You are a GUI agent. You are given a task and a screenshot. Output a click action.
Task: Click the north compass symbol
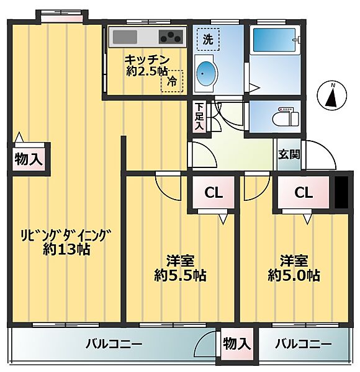point(332,95)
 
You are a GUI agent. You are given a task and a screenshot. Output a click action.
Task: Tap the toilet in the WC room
point(286,117)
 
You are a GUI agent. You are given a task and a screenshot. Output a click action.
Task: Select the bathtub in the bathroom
point(274,40)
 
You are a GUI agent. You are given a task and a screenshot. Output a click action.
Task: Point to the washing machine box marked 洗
point(208,40)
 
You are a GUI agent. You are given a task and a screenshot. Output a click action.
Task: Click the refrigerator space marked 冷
point(172,81)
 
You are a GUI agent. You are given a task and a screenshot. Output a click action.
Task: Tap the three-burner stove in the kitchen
point(171,37)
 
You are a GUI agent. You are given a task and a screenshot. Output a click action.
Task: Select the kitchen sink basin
point(125,37)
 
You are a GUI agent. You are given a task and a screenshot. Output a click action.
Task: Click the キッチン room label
point(147,60)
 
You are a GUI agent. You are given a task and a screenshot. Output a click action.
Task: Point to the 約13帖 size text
point(66,249)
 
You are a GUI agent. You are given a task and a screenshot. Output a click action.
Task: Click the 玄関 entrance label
point(289,154)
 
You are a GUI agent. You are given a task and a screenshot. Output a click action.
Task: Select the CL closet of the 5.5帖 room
point(214,192)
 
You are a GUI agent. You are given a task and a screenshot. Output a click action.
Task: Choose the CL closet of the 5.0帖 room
point(304,192)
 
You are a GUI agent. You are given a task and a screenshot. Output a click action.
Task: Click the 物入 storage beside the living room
point(29,159)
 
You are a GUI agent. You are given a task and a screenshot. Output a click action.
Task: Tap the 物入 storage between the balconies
point(236,343)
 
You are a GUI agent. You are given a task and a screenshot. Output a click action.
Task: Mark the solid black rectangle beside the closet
point(341,192)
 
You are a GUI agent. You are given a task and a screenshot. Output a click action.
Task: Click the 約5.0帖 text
point(294,275)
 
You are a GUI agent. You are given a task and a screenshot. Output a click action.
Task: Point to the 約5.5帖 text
point(180,275)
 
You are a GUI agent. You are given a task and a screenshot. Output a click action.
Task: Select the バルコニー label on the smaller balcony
point(303,343)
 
